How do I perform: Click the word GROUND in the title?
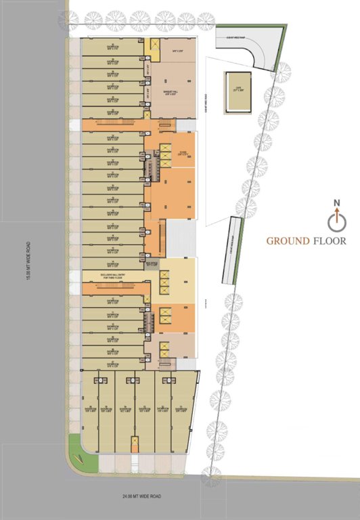[288, 240]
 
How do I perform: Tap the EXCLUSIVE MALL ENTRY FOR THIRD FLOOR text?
[114, 276]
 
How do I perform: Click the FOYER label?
[181, 154]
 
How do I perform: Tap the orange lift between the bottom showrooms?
[135, 444]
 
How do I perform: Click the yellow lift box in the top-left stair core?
[154, 45]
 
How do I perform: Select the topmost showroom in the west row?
[112, 46]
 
